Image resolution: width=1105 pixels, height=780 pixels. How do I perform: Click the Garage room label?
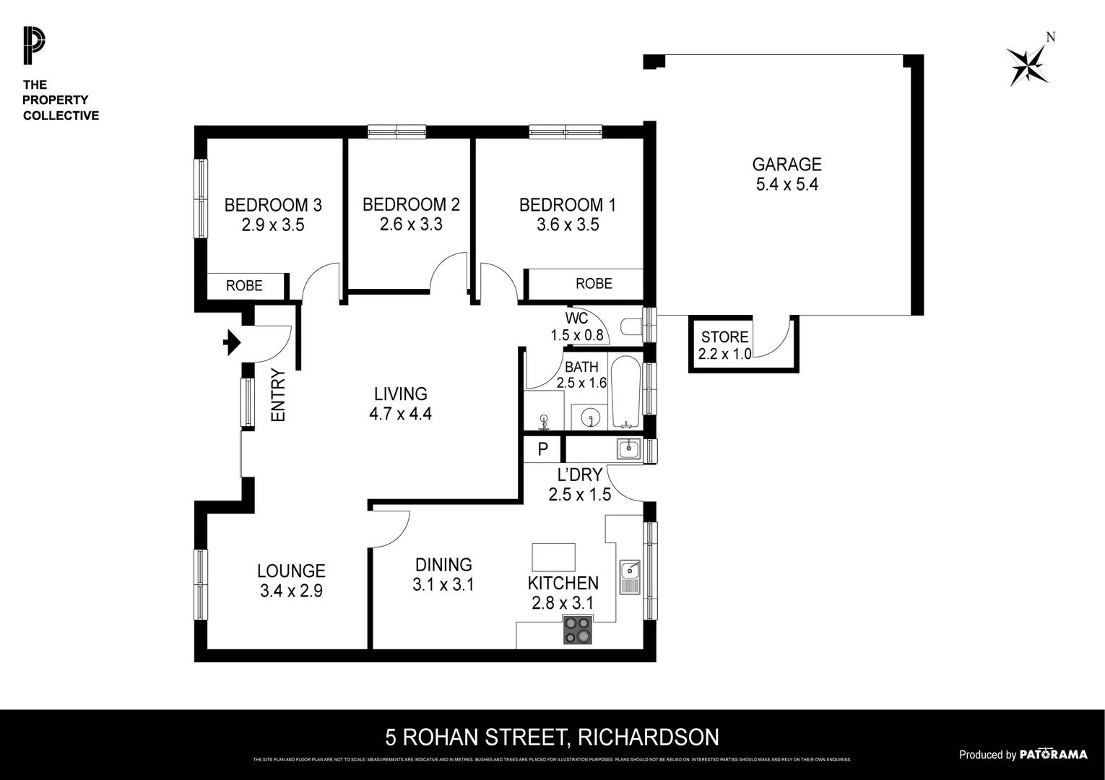[786, 165]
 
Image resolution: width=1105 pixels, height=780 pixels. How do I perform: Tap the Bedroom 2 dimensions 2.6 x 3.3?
[411, 225]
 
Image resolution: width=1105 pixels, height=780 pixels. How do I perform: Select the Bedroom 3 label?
[272, 205]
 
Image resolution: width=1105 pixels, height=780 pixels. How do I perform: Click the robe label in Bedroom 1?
[594, 284]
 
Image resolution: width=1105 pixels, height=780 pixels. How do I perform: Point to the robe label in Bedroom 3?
[244, 286]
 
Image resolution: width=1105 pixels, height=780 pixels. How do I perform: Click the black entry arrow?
[233, 342]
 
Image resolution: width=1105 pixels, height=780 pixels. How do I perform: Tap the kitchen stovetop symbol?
[578, 630]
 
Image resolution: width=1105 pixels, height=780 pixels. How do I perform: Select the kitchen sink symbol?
[629, 575]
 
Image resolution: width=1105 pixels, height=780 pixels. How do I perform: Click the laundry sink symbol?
[628, 449]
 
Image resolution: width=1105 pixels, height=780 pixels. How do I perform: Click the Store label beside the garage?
[724, 337]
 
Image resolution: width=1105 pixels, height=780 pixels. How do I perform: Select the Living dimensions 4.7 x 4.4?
[400, 414]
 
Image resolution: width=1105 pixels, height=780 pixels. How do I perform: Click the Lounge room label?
[291, 571]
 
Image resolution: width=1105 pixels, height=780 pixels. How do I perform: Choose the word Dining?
[443, 565]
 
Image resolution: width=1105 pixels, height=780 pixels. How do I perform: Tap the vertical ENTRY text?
[278, 395]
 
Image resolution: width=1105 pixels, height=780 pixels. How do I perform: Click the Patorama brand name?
[1053, 755]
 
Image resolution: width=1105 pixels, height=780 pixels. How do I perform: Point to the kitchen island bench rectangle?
[553, 558]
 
